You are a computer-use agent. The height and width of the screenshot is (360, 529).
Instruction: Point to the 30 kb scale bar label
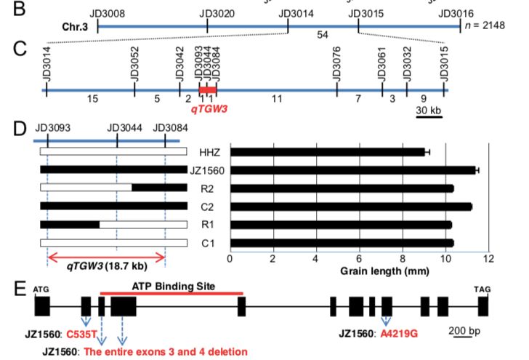(428, 109)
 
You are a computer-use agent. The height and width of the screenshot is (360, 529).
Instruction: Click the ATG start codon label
(41, 289)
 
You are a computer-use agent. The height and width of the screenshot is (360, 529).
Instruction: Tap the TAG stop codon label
(482, 289)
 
